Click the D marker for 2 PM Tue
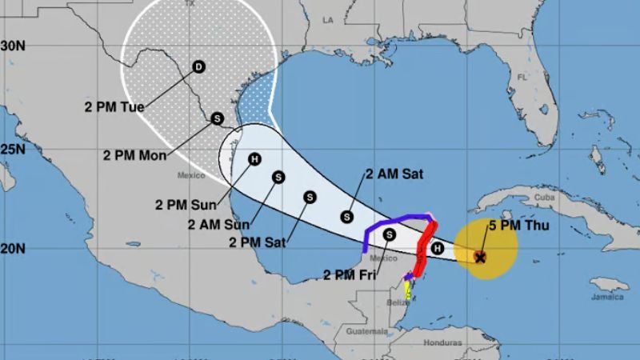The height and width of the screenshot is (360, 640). pyautogui.click(x=198, y=68)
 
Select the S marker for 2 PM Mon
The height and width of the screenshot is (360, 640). pyautogui.click(x=217, y=119)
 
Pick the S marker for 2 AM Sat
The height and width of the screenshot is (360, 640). pyautogui.click(x=346, y=215)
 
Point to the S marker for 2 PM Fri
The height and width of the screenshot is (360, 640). pyautogui.click(x=390, y=234)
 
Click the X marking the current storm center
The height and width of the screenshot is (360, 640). pyautogui.click(x=480, y=257)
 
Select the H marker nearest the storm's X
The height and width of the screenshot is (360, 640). pyautogui.click(x=437, y=249)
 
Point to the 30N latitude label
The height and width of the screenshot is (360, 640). pyautogui.click(x=13, y=46)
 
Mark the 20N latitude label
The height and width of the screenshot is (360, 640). pyautogui.click(x=13, y=248)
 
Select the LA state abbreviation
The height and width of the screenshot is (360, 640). pyautogui.click(x=327, y=18)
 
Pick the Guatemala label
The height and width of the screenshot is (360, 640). pyautogui.click(x=367, y=330)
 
